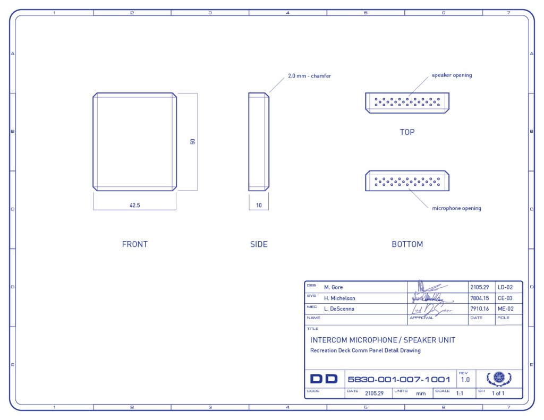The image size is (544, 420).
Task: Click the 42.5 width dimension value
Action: coord(134,205)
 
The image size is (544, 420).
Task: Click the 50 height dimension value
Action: coord(193,142)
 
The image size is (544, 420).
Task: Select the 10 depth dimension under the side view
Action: coord(259,205)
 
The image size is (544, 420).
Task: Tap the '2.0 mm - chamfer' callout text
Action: coord(309,76)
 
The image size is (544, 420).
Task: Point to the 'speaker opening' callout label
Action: coord(452,75)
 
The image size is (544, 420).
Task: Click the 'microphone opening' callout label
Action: coord(456,208)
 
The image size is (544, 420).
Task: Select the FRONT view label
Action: coord(135,244)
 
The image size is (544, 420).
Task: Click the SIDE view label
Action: coord(259,244)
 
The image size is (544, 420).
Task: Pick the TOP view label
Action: coord(407,132)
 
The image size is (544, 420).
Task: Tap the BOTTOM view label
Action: coord(407,244)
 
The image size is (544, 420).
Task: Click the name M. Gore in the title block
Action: coord(334,287)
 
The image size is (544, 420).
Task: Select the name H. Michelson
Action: coord(339,298)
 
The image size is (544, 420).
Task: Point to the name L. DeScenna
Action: coord(339,308)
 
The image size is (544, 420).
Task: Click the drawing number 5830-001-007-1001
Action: coord(398,380)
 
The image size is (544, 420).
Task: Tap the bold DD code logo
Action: coord(324,379)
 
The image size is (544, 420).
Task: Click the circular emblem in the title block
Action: coord(499,378)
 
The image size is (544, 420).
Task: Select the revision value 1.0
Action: coord(465,380)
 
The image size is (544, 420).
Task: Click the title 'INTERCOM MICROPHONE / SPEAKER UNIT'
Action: coord(382,340)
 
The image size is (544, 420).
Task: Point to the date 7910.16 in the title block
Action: coord(479,308)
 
